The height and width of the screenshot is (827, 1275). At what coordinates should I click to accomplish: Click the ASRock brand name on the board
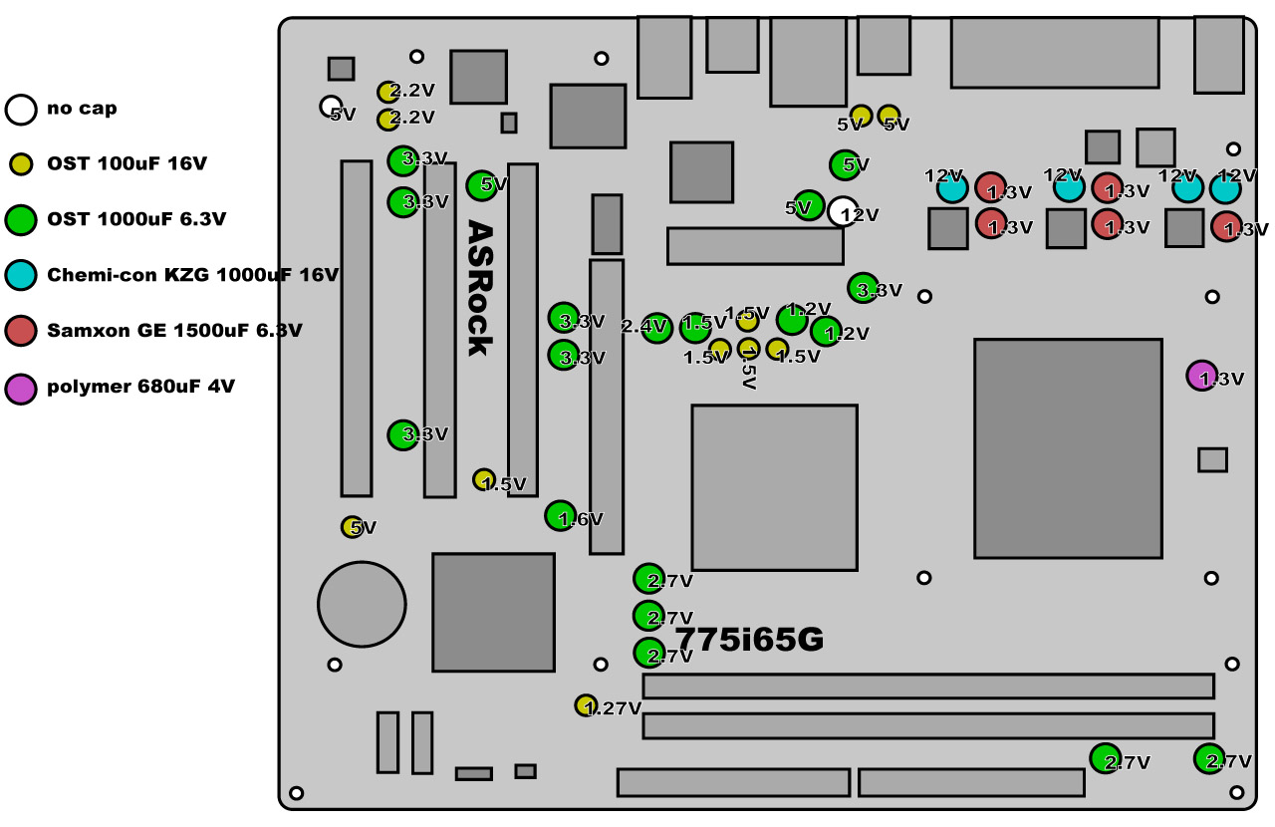point(480,288)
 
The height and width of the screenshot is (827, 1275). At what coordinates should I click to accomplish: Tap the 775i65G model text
point(749,639)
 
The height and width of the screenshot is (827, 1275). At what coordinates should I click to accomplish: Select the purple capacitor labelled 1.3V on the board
point(1201,376)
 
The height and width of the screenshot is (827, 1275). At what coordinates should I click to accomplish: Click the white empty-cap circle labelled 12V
point(843,211)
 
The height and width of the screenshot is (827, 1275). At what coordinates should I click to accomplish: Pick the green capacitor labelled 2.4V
point(656,328)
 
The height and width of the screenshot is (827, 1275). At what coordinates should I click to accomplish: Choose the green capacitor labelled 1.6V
point(560,515)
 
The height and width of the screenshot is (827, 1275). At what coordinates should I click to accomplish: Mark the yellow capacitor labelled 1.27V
point(586,705)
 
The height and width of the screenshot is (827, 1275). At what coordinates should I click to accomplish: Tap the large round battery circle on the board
point(362,604)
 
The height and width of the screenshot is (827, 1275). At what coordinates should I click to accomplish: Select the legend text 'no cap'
point(82,108)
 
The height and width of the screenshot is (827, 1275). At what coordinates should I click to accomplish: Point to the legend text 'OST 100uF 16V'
point(127,163)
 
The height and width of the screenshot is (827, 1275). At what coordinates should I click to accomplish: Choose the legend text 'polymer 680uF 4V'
point(140,386)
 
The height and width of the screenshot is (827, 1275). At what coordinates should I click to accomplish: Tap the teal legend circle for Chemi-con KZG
point(20,275)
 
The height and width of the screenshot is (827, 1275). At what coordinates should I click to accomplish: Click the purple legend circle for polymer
point(20,387)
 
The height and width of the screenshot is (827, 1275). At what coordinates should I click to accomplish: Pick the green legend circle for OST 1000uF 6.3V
point(20,219)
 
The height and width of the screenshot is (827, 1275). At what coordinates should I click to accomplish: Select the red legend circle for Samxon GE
point(20,331)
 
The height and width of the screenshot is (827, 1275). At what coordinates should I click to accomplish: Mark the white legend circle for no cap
point(20,109)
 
